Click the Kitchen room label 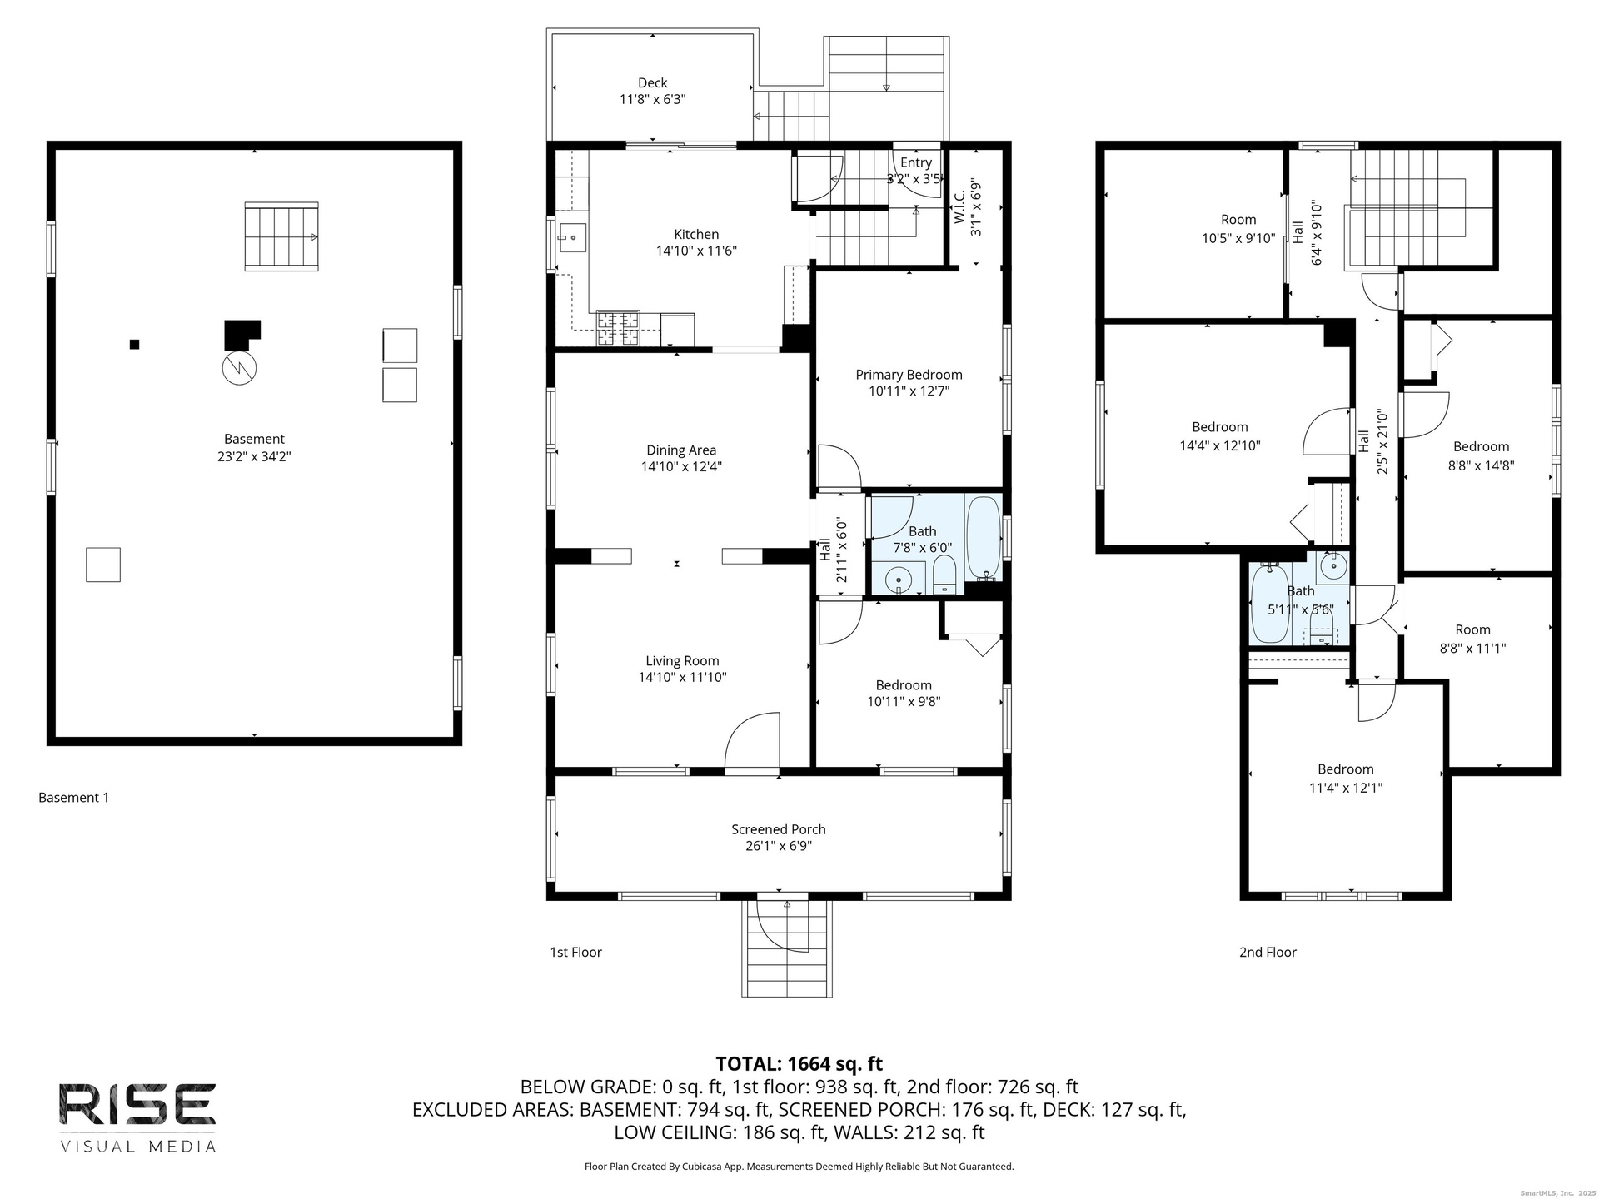(696, 235)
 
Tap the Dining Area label (681, 450)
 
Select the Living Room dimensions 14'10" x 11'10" (682, 678)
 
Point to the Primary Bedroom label (909, 375)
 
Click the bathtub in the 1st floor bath (984, 538)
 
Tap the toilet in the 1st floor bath (944, 575)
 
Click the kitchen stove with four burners (618, 328)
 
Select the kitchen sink (572, 236)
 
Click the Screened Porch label (779, 829)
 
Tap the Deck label (653, 82)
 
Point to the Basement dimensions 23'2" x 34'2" (254, 456)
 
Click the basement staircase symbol (281, 236)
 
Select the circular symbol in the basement (239, 366)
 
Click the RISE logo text (137, 1103)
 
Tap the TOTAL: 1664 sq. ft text (799, 1063)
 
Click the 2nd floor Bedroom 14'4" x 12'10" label (1220, 436)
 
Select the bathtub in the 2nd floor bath (1270, 604)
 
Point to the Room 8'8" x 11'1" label (1472, 639)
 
